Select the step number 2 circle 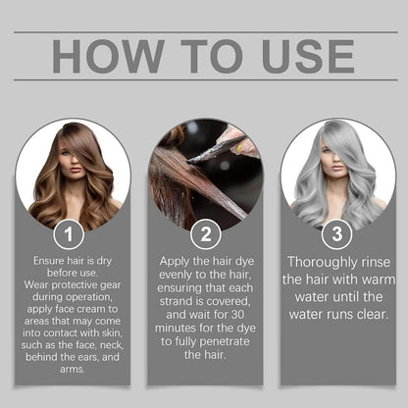coord(204,234)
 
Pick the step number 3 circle coord(335,234)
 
